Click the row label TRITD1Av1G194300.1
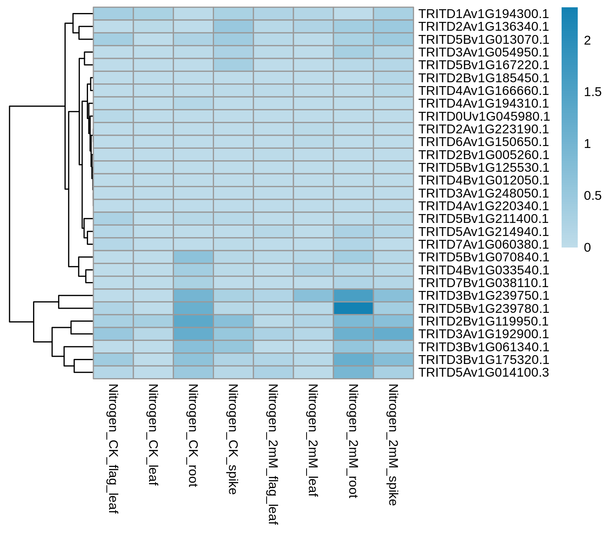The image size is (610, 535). (x=484, y=14)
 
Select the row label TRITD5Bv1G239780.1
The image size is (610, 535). (x=484, y=309)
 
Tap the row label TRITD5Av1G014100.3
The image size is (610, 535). (x=484, y=372)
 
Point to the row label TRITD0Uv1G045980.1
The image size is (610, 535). (x=484, y=116)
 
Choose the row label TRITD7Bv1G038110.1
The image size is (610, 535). (x=484, y=283)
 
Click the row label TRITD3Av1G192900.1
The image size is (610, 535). (x=484, y=334)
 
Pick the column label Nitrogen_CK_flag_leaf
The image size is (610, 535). (x=113, y=449)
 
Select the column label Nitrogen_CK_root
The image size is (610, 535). (x=193, y=435)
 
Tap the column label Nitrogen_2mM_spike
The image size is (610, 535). (x=393, y=445)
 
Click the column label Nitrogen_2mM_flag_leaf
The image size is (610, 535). (x=273, y=454)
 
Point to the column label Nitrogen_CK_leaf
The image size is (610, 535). (x=153, y=435)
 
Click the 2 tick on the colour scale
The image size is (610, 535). (x=587, y=40)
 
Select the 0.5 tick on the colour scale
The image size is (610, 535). (x=593, y=196)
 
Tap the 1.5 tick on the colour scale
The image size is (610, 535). (x=593, y=92)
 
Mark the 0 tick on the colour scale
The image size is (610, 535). (x=587, y=248)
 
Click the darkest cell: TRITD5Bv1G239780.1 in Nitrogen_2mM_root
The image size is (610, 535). (x=353, y=308)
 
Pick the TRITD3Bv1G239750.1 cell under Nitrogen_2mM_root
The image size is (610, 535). (x=353, y=296)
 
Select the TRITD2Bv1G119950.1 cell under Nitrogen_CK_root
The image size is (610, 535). (x=193, y=321)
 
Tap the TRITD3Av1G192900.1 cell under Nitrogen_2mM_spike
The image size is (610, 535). (x=393, y=334)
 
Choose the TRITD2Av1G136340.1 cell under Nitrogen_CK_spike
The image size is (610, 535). (x=233, y=27)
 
